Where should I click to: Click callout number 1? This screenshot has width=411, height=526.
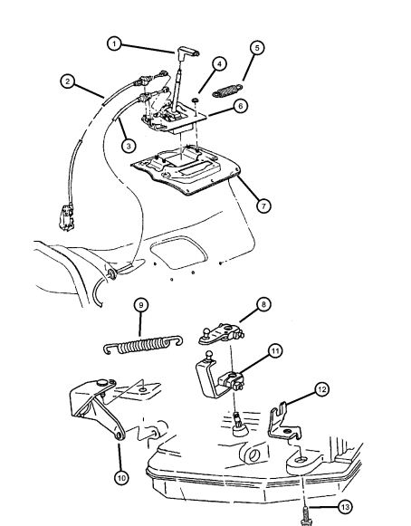114,44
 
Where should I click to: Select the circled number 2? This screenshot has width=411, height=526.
68,81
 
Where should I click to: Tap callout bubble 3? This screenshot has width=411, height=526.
129,146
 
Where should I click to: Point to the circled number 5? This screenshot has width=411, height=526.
257,48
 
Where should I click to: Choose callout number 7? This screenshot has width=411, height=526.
263,206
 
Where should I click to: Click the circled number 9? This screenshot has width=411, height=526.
141,305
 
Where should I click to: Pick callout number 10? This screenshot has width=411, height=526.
121,477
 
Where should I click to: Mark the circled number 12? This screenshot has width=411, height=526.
321,389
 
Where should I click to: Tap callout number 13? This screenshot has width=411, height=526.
345,507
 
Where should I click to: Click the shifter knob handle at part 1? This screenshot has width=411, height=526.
187,53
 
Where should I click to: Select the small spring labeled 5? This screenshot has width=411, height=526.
227,91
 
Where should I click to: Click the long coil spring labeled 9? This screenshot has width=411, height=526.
143,345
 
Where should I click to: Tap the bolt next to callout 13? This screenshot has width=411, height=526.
306,516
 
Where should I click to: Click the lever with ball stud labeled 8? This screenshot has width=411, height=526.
221,334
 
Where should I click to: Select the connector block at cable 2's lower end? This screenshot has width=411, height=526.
67,217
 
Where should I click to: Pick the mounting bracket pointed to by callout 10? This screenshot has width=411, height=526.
97,407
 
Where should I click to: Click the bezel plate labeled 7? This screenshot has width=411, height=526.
186,169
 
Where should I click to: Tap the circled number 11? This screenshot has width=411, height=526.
275,351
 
